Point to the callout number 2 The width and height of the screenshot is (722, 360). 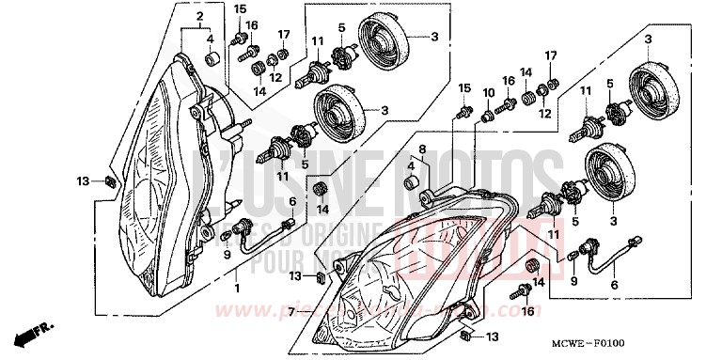(198, 18)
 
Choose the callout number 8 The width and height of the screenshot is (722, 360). (423, 149)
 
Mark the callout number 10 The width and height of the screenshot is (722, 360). (488, 92)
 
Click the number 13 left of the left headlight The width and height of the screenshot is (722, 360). (83, 180)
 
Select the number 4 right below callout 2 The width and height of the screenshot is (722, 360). (211, 39)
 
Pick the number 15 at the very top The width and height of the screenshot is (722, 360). (241, 9)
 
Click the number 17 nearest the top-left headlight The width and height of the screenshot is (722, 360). (285, 36)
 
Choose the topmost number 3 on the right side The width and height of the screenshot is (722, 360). (648, 39)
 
